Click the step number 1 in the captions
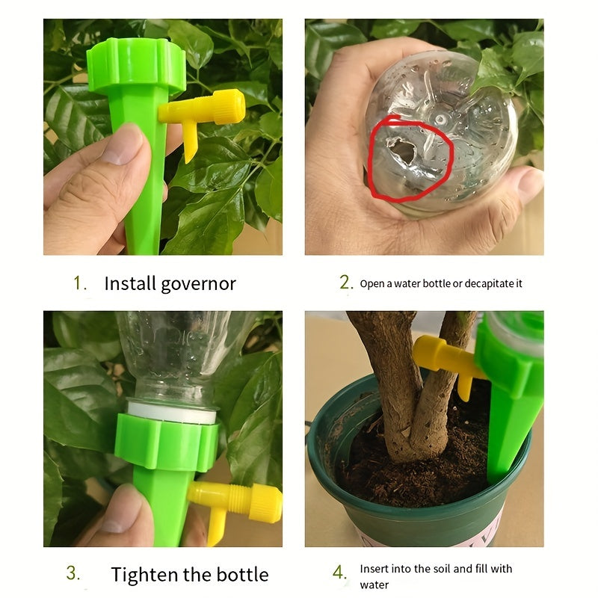click(78, 283)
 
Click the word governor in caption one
click(201, 284)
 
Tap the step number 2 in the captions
click(345, 283)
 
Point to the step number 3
click(73, 573)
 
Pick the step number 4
click(340, 573)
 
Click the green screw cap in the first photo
click(136, 66)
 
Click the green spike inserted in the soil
click(508, 434)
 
